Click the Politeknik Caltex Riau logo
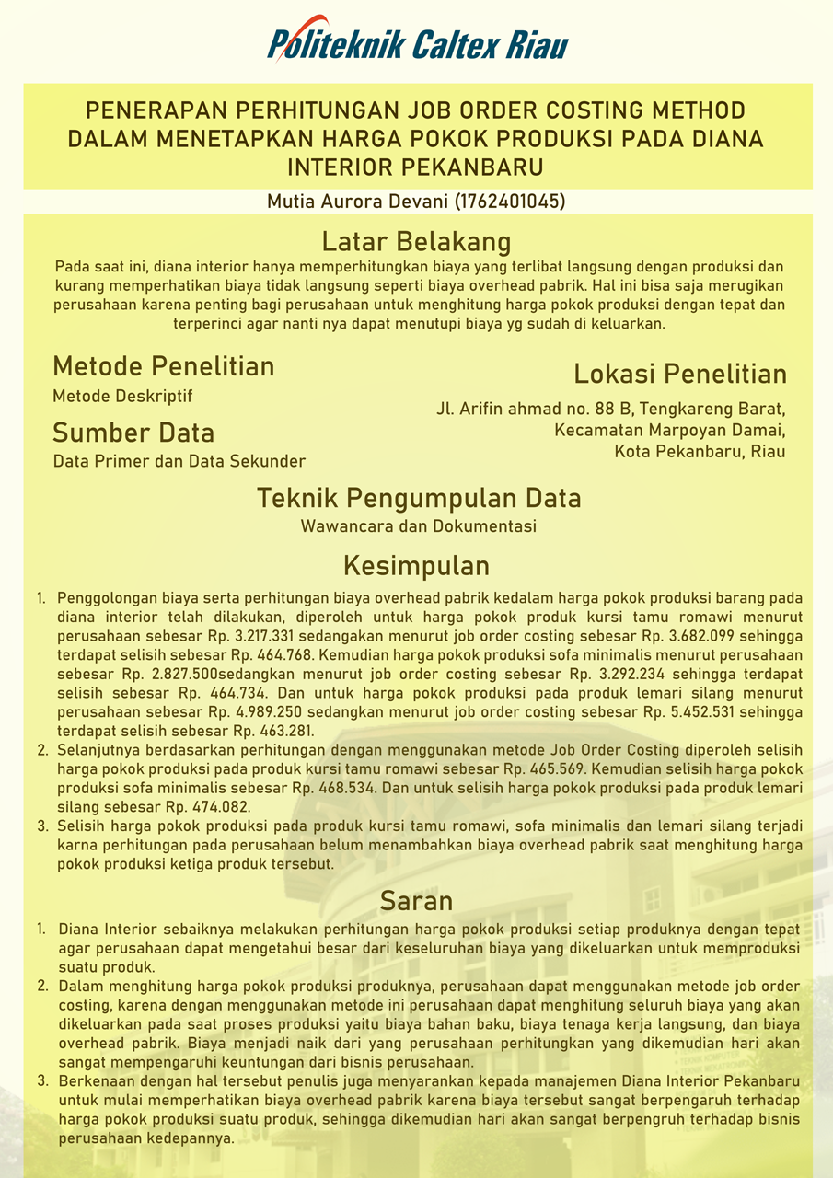[x=417, y=41]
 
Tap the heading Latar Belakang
[x=416, y=241]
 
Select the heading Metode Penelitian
[x=164, y=366]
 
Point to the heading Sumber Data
[x=133, y=433]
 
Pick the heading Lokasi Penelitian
[x=679, y=374]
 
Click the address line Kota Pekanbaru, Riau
[x=700, y=452]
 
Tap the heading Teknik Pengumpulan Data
[x=418, y=498]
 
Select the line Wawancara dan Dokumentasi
[x=418, y=526]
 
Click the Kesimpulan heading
[x=416, y=564]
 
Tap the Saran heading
[x=416, y=899]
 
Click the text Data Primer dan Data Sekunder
[x=179, y=461]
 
